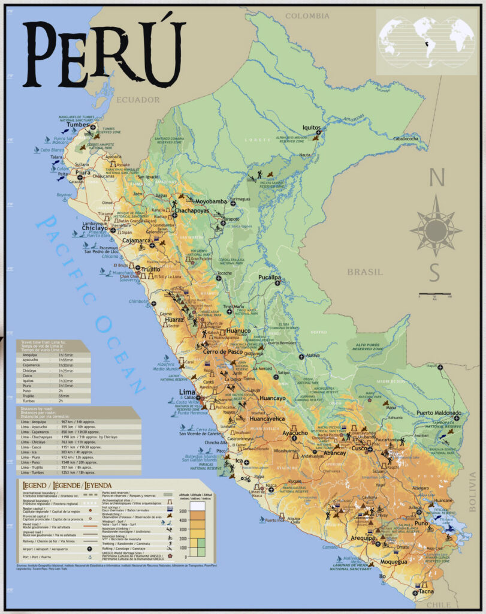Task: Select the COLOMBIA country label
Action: click(307, 16)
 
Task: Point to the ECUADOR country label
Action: click(139, 100)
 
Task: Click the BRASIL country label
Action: click(364, 272)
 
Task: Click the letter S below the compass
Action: click(435, 273)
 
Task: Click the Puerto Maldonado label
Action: click(439, 413)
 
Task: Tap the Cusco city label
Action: click(359, 449)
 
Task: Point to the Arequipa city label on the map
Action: click(363, 538)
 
